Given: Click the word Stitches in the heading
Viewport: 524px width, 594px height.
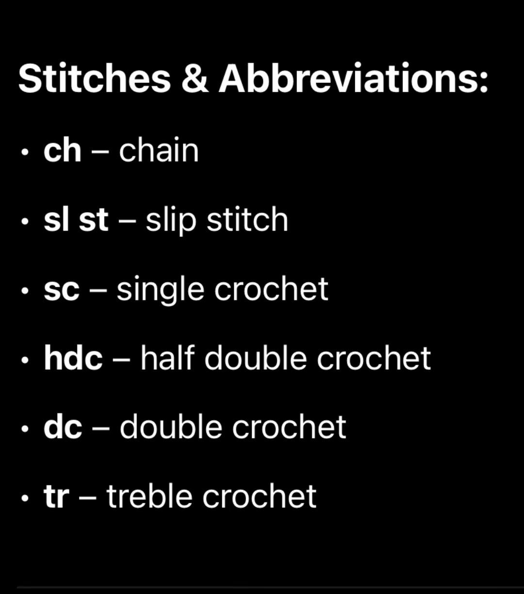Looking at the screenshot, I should pos(95,78).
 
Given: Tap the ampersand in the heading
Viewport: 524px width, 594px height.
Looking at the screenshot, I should pos(195,78).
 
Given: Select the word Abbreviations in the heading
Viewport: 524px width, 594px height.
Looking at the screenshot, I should pos(353,78).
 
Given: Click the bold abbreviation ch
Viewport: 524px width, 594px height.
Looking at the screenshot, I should pos(62,151).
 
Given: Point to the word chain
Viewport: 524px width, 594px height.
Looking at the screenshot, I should pos(159,151).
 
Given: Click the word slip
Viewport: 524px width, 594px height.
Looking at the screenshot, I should pos(170,221).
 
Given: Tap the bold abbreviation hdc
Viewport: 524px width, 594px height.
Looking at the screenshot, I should pos(73,358).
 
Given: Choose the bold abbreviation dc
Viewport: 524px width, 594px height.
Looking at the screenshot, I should pos(63,427).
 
